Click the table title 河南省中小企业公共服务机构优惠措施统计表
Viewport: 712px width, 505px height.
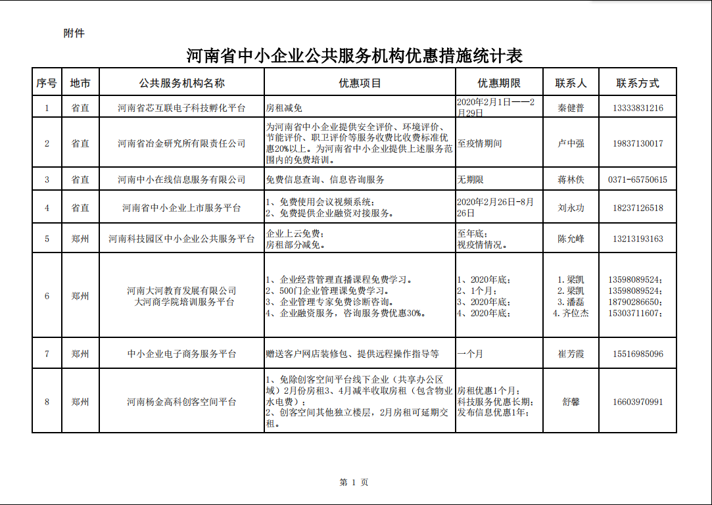[x=354, y=56]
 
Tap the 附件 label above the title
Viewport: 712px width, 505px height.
[x=74, y=34]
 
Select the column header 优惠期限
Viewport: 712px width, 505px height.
[x=499, y=84]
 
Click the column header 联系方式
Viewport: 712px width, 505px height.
[x=637, y=84]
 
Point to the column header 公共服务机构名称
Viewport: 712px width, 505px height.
[x=181, y=84]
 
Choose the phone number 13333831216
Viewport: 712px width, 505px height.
[x=637, y=108]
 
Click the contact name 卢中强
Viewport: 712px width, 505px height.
[x=570, y=143]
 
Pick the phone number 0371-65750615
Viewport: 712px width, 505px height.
[x=637, y=180]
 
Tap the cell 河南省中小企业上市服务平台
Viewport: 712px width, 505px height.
[x=181, y=208]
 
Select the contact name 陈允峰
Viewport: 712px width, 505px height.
[x=570, y=239]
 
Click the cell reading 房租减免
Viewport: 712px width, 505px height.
[x=283, y=108]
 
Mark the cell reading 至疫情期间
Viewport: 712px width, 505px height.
[x=479, y=143]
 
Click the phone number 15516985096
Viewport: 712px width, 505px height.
[x=637, y=354]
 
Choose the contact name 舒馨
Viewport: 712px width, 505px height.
[x=570, y=402]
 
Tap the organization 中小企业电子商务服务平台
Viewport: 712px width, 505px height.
[x=181, y=354]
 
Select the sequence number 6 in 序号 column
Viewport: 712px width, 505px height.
[x=47, y=296]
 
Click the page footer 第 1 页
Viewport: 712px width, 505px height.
[x=354, y=482]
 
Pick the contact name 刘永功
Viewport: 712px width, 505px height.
[x=570, y=208]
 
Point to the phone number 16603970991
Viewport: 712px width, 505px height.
[x=637, y=402]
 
